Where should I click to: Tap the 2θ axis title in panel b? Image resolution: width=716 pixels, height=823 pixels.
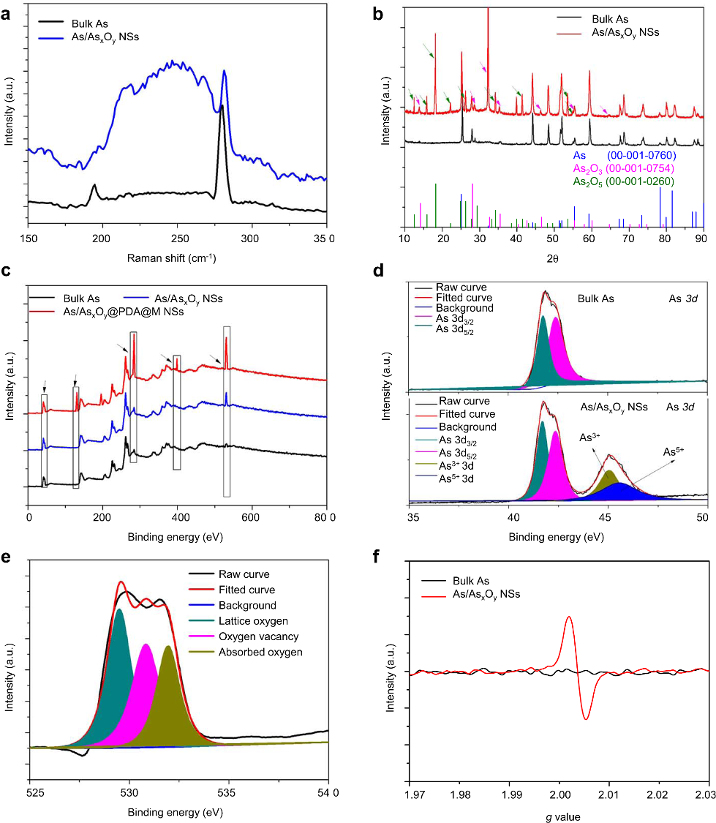click(553, 258)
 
